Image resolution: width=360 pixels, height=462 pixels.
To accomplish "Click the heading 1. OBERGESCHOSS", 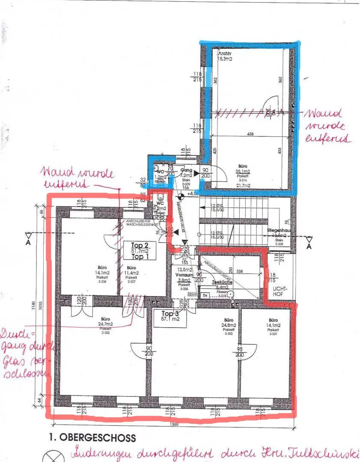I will [92, 438].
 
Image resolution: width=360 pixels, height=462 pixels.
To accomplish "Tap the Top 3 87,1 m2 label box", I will [170, 316].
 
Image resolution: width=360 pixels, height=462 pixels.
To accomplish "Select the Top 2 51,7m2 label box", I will [140, 250].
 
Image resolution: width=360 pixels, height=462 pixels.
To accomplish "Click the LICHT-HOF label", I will [280, 292].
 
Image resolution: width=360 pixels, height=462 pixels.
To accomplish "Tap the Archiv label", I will [225, 53].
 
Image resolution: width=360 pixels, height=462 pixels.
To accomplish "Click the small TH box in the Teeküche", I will [205, 295].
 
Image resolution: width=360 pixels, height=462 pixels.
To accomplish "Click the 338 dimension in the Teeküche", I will [239, 271].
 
